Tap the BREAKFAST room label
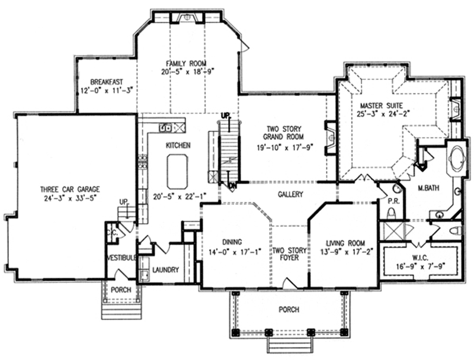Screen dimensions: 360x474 pyautogui.click(x=106, y=82)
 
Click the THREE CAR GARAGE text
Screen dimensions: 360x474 pyautogui.click(x=69, y=189)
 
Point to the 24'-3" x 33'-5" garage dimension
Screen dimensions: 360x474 pyautogui.click(x=69, y=200)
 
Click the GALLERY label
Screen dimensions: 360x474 pyautogui.click(x=290, y=194)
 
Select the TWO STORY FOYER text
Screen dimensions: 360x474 pyautogui.click(x=289, y=255)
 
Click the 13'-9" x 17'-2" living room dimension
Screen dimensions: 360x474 pyautogui.click(x=345, y=252)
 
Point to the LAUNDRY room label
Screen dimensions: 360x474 pyautogui.click(x=165, y=270)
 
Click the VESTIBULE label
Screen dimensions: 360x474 pyautogui.click(x=122, y=258)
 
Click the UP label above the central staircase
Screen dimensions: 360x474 pyautogui.click(x=225, y=114)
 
